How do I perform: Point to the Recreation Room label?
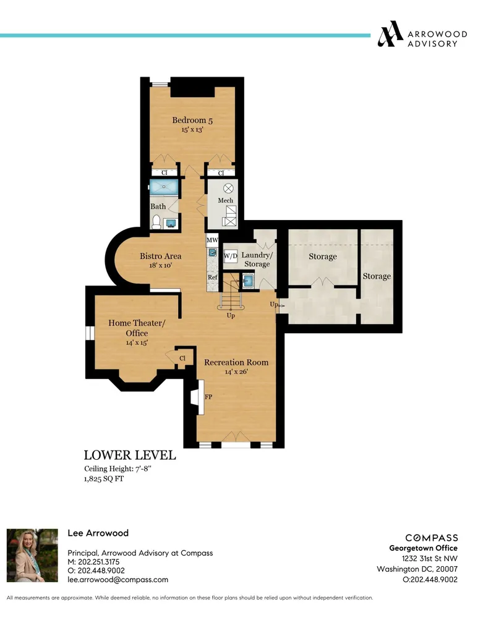pos(236,362)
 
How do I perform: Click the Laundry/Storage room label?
pos(256,260)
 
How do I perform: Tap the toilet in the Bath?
pos(157,221)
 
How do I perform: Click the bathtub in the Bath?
pos(164,187)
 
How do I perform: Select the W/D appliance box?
pos(230,255)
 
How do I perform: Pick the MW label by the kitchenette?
pos(212,240)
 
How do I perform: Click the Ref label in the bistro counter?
pos(212,277)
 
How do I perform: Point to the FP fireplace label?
pos(208,397)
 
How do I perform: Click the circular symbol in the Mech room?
pos(228,188)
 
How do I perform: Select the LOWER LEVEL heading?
pos(130,455)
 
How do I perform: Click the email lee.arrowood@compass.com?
pos(117,580)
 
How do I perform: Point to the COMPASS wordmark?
pos(432,538)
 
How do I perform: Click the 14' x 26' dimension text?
pos(236,372)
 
